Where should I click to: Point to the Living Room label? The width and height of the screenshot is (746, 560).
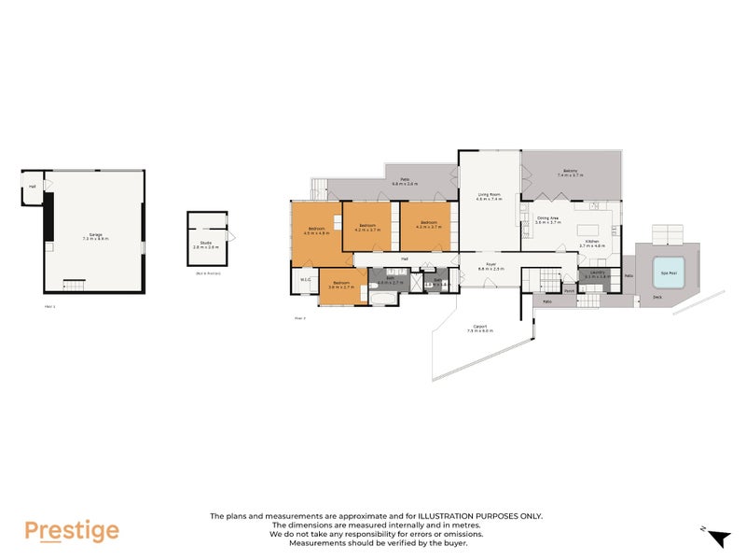pyautogui.click(x=490, y=195)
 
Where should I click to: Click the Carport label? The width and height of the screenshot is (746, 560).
pyautogui.click(x=480, y=328)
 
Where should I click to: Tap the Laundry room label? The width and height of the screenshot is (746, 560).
pyautogui.click(x=596, y=273)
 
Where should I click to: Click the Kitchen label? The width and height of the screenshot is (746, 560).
pyautogui.click(x=592, y=243)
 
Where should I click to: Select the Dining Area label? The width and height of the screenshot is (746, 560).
pyautogui.click(x=548, y=219)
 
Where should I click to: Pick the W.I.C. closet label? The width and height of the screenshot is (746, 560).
pyautogui.click(x=305, y=280)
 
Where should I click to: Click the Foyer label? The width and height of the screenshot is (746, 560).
pyautogui.click(x=490, y=265)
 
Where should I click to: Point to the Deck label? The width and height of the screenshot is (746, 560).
pyautogui.click(x=657, y=298)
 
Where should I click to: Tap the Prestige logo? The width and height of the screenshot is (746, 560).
pyautogui.click(x=72, y=531)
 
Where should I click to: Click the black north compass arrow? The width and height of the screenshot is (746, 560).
pyautogui.click(x=718, y=539)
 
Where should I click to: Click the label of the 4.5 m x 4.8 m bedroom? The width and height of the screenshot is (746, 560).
pyautogui.click(x=316, y=230)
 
